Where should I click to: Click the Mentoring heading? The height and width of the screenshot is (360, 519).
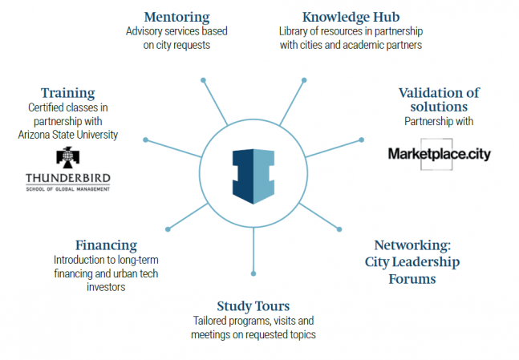pos(176,17)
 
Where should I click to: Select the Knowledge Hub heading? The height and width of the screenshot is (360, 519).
pos(351,17)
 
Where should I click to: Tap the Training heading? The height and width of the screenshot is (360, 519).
pos(68,93)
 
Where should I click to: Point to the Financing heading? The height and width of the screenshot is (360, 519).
pos(106,245)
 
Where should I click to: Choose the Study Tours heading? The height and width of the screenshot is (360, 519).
pos(253,306)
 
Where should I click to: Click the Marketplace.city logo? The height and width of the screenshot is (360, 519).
pos(440,154)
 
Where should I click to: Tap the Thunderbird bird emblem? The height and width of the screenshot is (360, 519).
pos(68,157)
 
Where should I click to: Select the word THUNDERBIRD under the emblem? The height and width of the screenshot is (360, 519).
pos(68,178)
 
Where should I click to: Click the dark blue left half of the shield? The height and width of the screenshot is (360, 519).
pos(243,176)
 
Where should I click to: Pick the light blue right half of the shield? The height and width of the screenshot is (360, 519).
pos(264,176)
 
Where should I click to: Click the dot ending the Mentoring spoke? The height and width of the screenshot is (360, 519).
pos(203,80)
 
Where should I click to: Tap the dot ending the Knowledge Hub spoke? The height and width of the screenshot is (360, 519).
pos(304,80)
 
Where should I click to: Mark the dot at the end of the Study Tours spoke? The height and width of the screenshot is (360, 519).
pos(253,273)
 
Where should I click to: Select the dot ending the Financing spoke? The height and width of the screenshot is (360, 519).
pos(168,229)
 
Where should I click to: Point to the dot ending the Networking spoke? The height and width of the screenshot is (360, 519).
pos(339,229)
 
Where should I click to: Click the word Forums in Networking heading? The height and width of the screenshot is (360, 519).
pos(412,279)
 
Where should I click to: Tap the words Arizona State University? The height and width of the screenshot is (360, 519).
pos(68,135)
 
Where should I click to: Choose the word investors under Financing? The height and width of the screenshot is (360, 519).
pos(106,287)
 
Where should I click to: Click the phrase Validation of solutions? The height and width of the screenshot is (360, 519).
pos(439,100)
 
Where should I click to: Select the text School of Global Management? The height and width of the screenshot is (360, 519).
pos(68,189)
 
